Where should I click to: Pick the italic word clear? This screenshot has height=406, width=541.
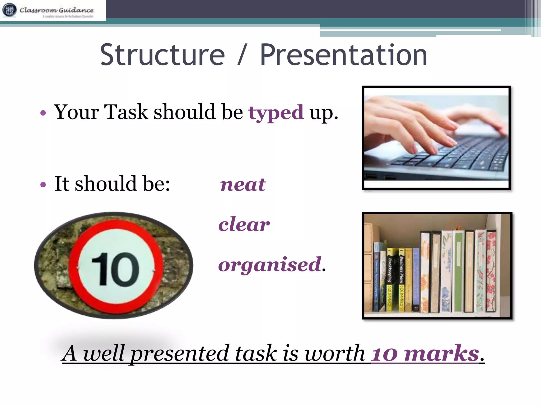(244, 224)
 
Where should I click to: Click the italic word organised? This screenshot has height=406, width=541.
(270, 265)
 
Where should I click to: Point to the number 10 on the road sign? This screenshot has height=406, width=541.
(115, 269)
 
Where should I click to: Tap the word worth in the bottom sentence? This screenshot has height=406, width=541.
(335, 353)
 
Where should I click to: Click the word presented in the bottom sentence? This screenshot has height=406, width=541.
(180, 354)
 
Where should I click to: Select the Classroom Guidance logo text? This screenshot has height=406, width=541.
(57, 10)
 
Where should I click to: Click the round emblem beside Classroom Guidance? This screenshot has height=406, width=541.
(10, 10)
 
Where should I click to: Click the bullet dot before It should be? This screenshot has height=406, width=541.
(43, 184)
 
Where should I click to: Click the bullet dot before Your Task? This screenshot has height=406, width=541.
(43, 113)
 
